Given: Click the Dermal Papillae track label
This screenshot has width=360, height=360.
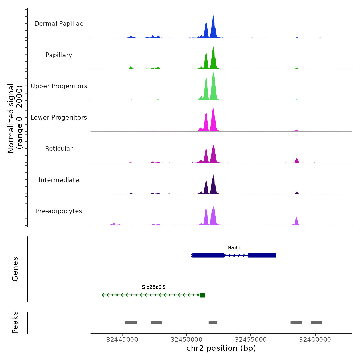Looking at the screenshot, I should click(59, 24).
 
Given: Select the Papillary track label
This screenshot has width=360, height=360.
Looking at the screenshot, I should click(59, 55).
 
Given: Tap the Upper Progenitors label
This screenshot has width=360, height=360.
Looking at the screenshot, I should click(59, 86).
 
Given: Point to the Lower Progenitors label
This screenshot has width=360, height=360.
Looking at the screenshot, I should click(59, 118).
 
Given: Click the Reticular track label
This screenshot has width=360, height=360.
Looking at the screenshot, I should click(59, 149).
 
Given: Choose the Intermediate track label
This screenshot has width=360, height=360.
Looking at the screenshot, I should click(59, 180).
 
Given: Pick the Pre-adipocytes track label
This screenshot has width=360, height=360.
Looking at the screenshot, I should click(59, 211).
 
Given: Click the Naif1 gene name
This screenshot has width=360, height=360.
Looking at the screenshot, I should click(234, 248).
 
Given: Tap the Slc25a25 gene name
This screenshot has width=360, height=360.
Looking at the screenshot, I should click(154, 287).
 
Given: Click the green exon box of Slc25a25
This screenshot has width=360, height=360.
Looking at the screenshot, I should click(203, 295).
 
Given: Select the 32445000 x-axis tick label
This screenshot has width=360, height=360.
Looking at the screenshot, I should click(122, 340).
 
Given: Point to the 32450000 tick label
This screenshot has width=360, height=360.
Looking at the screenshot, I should click(186, 340).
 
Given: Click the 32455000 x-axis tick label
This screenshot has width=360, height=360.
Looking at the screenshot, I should click(251, 340).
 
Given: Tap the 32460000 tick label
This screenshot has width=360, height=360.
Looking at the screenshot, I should click(315, 340).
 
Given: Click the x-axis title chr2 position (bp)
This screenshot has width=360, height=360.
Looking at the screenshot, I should click(221, 348).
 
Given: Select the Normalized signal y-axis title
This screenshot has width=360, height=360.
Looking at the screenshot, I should click(15, 118).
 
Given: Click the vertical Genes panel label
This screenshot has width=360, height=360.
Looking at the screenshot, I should click(15, 269).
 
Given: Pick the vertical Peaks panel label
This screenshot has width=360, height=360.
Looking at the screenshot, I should click(15, 322).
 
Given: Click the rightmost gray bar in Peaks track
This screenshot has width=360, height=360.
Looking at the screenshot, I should click(317, 323).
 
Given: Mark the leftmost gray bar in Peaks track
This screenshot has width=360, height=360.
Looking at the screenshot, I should click(131, 323).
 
